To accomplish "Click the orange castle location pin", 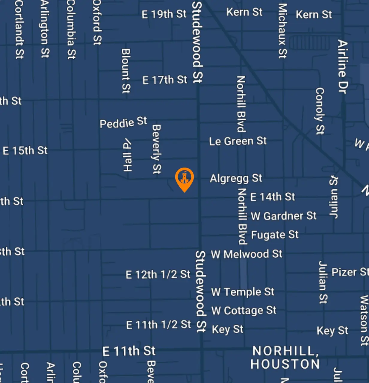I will [184, 178].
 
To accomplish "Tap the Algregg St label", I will [236, 178].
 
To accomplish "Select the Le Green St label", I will [238, 141].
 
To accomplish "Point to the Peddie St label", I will [123, 122].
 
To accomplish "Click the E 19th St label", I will [164, 14].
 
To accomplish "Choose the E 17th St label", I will [165, 80].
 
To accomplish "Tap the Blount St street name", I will [126, 71].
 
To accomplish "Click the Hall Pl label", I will [128, 155].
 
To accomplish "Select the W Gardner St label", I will [283, 216].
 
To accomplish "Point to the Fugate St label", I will [275, 235].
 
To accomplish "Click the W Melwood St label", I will [246, 254].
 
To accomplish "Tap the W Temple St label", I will [243, 292].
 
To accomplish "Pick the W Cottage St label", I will [244, 311].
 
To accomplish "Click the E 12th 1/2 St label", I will [158, 274].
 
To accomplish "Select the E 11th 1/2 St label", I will [158, 325].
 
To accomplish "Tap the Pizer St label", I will [350, 272].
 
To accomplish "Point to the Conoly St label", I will [320, 111].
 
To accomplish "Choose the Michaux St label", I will [282, 31].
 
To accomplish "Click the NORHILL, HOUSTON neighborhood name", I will [285, 358].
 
